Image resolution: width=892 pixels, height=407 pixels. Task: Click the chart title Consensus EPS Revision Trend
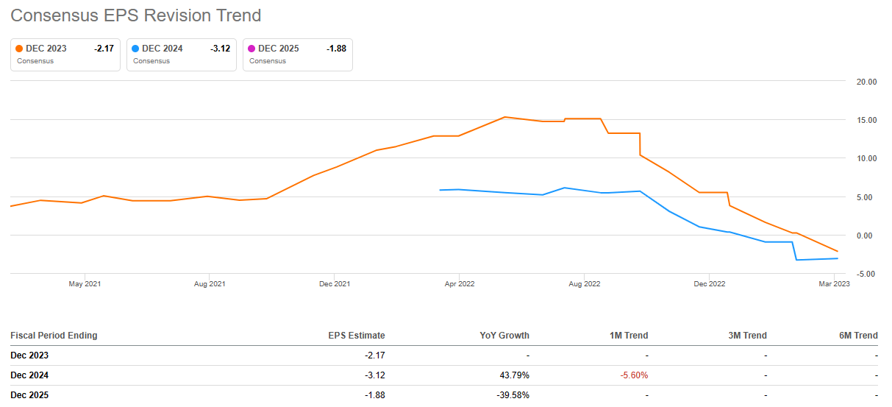(135, 15)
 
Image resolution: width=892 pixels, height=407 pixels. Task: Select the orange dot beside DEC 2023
(19, 49)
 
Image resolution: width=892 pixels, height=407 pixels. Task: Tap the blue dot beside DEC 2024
(135, 49)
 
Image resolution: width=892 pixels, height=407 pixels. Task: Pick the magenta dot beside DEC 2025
(251, 49)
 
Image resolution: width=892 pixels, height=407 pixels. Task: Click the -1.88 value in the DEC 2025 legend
(336, 49)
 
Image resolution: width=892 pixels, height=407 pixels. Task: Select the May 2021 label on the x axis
(85, 283)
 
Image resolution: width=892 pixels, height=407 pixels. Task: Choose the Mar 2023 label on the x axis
(834, 283)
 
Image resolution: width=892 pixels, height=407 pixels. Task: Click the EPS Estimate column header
(356, 336)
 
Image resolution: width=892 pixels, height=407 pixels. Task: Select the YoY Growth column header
(504, 336)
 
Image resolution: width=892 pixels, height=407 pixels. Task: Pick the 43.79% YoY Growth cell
(513, 375)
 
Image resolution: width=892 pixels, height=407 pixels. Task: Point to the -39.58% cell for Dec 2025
(511, 395)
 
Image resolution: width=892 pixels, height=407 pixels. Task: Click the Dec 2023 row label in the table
(29, 355)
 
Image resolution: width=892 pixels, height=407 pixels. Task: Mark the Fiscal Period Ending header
(54, 336)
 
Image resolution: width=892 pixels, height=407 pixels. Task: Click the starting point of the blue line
(440, 190)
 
